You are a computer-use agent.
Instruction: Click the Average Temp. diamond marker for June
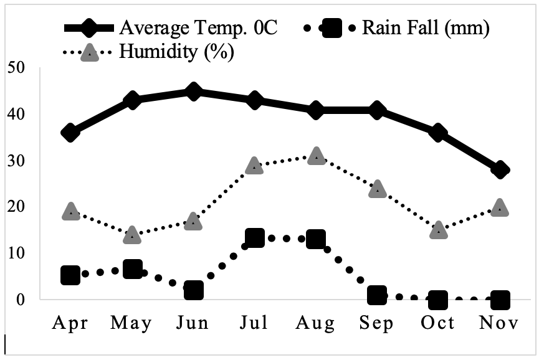(x=193, y=92)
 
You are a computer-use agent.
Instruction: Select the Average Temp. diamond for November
(x=500, y=170)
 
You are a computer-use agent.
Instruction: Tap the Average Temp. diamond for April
(x=70, y=133)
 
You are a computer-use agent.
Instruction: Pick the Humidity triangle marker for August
(x=317, y=156)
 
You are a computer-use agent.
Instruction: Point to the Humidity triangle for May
(x=132, y=235)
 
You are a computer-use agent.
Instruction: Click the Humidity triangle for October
(x=439, y=230)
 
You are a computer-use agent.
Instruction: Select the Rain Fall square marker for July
(x=255, y=238)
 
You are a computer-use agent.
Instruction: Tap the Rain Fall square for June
(x=194, y=290)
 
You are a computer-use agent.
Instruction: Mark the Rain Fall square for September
(x=377, y=295)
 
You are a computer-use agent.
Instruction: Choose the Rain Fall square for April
(x=70, y=275)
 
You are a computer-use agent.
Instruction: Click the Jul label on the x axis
(x=254, y=323)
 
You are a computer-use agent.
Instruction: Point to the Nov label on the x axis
(x=498, y=323)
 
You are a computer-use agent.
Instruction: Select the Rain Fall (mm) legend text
(x=426, y=28)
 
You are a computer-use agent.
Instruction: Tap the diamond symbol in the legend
(x=89, y=28)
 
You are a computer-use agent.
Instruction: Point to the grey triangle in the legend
(x=89, y=52)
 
